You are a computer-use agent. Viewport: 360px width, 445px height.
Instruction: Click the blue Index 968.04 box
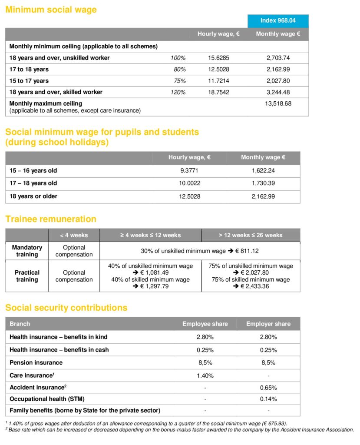[x=278, y=21]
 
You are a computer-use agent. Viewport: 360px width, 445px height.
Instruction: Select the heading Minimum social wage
[x=51, y=10]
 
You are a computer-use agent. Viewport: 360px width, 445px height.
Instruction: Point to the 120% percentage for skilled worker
[x=178, y=92]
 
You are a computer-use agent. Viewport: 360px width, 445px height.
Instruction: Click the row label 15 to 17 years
[x=29, y=81]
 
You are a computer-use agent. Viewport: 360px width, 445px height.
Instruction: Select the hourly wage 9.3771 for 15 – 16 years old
[x=190, y=170]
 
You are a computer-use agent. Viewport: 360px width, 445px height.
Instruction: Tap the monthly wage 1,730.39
[x=263, y=183]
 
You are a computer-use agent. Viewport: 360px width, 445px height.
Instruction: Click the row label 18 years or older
[x=33, y=196]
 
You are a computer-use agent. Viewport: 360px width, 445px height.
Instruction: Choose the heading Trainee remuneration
[x=51, y=219]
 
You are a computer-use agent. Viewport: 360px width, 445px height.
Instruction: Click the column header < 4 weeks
[x=74, y=235]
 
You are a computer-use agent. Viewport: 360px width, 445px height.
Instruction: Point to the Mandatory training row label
[x=27, y=251]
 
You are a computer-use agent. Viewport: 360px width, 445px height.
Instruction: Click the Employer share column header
[x=268, y=324]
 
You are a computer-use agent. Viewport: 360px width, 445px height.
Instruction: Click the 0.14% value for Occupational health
[x=268, y=399]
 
